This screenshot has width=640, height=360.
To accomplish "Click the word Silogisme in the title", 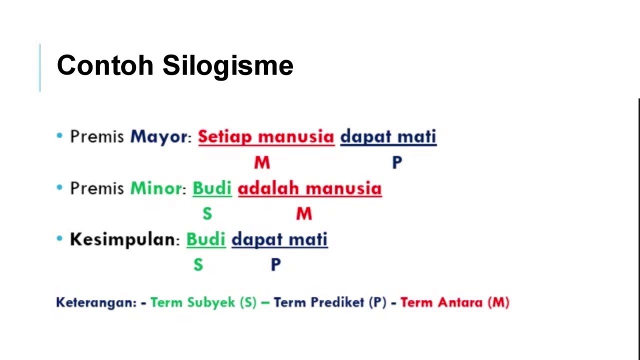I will (227, 66).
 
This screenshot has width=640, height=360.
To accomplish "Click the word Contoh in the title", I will (105, 65).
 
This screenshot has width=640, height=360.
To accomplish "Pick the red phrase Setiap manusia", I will (266, 136).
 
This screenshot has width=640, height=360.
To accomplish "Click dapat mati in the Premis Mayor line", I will (388, 136).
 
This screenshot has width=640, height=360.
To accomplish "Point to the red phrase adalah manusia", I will (309, 188).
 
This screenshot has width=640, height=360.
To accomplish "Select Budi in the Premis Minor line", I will (212, 188).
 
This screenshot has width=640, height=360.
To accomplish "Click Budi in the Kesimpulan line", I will (206, 239).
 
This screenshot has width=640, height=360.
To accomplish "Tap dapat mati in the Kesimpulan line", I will (279, 239).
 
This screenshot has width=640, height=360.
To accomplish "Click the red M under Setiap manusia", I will (262, 162).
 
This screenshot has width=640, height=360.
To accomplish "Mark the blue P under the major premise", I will (397, 162).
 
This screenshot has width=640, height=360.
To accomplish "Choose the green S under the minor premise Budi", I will (207, 214).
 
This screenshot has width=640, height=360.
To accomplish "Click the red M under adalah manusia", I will (304, 214).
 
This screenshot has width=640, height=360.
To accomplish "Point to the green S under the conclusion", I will (198, 265).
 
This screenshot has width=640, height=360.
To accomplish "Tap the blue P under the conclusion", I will (275, 265).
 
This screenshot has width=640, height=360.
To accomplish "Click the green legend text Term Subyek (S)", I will (203, 302).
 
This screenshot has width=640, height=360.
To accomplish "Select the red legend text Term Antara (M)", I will (454, 302).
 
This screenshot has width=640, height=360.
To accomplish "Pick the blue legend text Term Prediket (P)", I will (330, 302).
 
